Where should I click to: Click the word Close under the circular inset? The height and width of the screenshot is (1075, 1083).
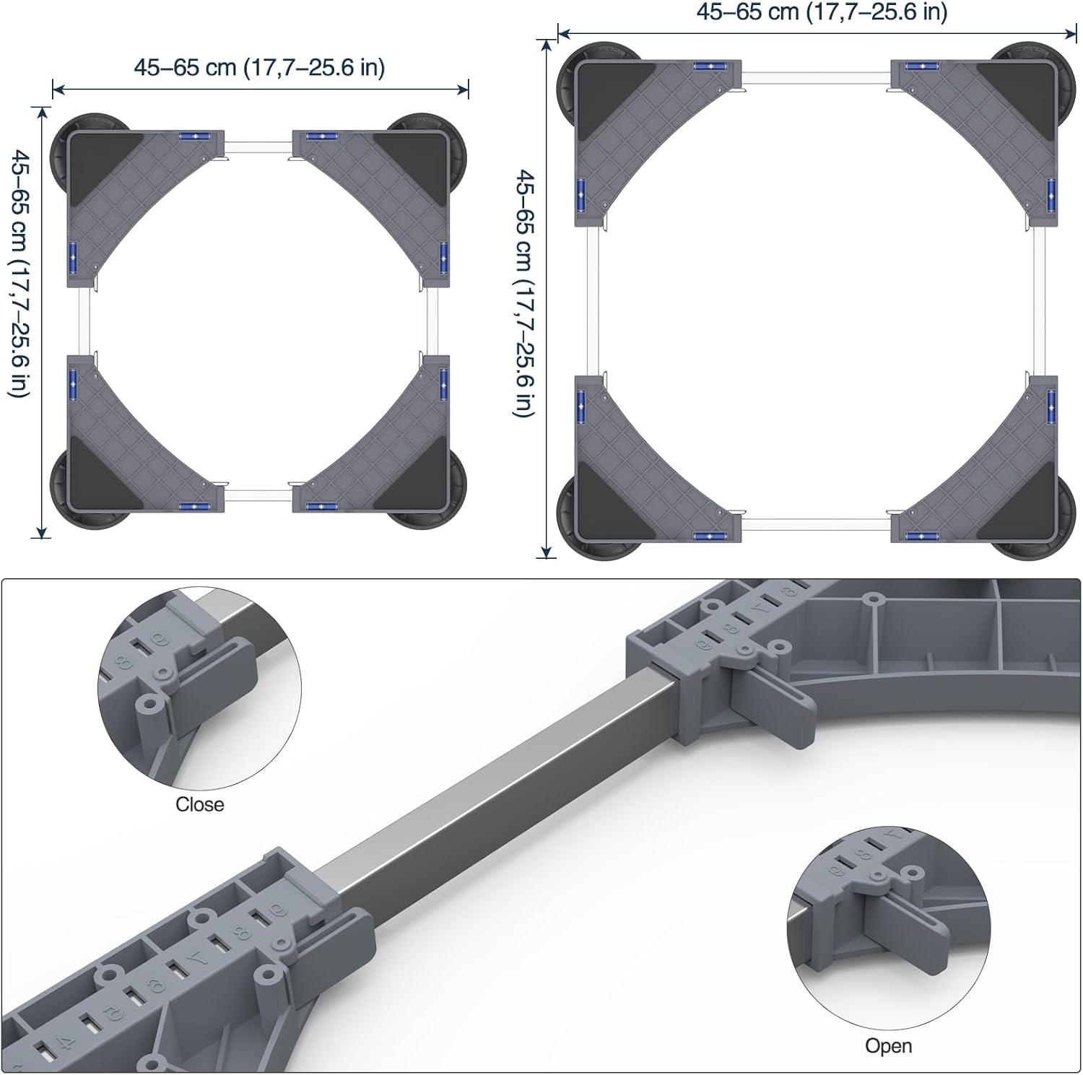pos(199,804)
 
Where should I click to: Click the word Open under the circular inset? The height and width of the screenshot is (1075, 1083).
pos(888,1046)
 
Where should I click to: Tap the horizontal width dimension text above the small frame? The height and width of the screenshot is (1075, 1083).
pos(259,67)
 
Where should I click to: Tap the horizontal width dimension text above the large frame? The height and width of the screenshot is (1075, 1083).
pos(822,12)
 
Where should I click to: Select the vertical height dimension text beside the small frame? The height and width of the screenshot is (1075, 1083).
pos(20,274)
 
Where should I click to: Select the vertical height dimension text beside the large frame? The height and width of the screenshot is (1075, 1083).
pos(524,293)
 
